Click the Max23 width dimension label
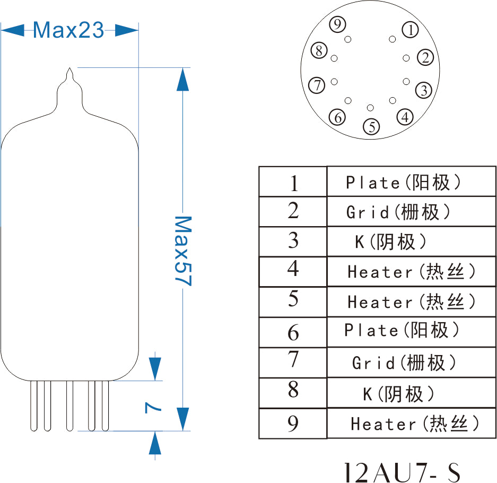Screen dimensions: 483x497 pyautogui.click(x=69, y=30)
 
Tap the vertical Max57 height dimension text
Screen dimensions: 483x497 pyautogui.click(x=182, y=251)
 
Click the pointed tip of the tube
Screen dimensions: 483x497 pyautogui.click(x=69, y=70)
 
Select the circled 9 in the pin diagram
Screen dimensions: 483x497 pyautogui.click(x=337, y=24)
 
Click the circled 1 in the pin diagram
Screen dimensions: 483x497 pyautogui.click(x=411, y=30)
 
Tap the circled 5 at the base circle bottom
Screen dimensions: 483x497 pyautogui.click(x=371, y=126)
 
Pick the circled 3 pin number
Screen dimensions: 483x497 pyautogui.click(x=423, y=90)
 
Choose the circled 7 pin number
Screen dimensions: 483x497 pyautogui.click(x=317, y=85)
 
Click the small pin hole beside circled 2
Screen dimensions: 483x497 pyautogui.click(x=406, y=58)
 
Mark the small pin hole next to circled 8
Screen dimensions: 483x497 pyautogui.click(x=334, y=58)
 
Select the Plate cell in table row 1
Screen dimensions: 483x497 pyautogui.click(x=403, y=183)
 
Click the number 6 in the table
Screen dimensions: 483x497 pyautogui.click(x=293, y=333)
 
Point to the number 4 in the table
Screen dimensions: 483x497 pyautogui.click(x=293, y=269)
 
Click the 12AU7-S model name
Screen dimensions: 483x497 pyautogui.click(x=401, y=471)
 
